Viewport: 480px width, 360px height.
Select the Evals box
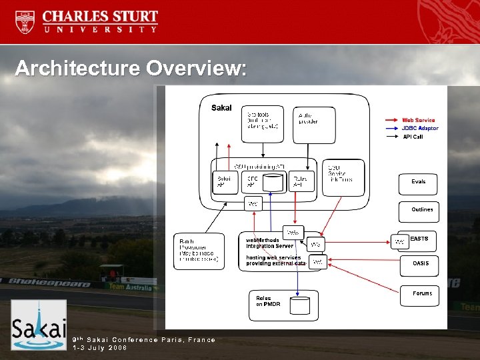pos(419,182)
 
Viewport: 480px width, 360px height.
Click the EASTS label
pos(419,239)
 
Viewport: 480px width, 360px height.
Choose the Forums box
pos(421,294)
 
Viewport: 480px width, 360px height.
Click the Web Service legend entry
pos(418,120)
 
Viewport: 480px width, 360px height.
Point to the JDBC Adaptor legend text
pos(419,128)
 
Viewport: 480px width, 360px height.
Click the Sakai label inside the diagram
pos(221,107)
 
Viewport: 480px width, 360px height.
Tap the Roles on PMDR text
pos(268,301)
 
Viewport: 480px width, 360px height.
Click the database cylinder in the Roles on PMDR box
pos(300,305)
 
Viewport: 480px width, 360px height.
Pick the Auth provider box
pos(313,123)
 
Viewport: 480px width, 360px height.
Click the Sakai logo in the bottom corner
pos(39,325)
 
